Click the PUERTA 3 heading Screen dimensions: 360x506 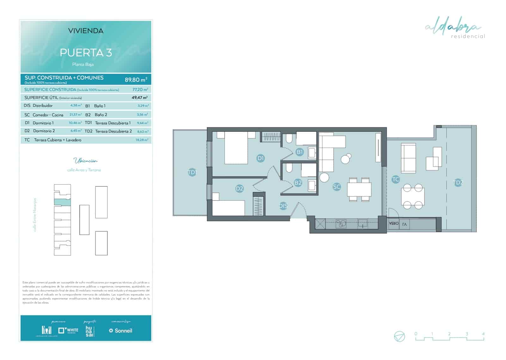click(x=86, y=53)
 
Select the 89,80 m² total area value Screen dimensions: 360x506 click(x=136, y=80)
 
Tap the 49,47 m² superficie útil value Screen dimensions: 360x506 click(x=139, y=98)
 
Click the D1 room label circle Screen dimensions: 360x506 click(x=261, y=158)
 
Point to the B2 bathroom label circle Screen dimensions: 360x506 click(x=298, y=183)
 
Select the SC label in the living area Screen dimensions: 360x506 click(x=337, y=187)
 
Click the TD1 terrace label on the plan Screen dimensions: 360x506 click(x=192, y=172)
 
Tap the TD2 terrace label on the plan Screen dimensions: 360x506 click(x=458, y=183)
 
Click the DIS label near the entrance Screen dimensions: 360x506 click(x=283, y=206)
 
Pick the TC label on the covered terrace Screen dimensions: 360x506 click(x=396, y=179)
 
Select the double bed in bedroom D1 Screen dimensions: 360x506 click(x=236, y=148)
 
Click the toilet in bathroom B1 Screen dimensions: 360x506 click(x=289, y=139)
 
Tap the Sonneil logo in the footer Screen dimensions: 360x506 click(x=120, y=331)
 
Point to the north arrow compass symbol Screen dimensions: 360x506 click(x=399, y=336)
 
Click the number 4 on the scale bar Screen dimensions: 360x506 click(x=483, y=334)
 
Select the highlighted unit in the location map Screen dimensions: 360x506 click(x=62, y=202)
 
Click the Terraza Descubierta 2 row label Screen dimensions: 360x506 click(x=114, y=131)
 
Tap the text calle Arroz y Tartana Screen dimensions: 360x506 click(x=84, y=170)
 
